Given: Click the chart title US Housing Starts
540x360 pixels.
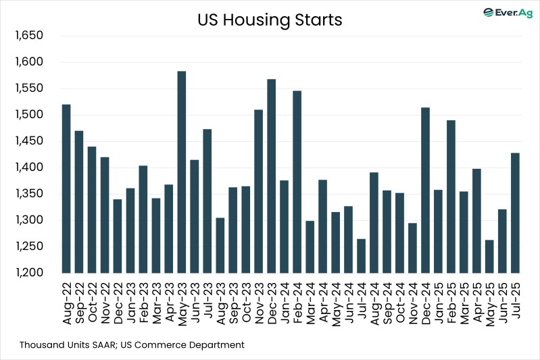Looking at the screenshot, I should point(270,20).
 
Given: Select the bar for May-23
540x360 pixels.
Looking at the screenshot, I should point(181,172).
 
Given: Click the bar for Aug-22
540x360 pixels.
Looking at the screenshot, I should point(66,188).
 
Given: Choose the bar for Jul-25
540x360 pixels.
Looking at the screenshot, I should point(515,213).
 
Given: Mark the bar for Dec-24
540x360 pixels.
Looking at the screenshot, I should point(425,190).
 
